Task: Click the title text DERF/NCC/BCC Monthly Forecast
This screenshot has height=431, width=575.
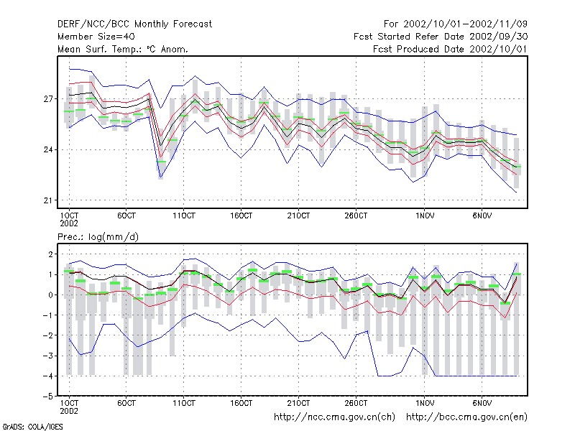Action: tap(134, 24)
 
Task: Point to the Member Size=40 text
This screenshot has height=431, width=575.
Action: tap(96, 37)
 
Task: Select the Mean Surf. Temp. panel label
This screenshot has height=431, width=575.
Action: tap(123, 49)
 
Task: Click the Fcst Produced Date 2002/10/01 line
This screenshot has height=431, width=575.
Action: tap(450, 49)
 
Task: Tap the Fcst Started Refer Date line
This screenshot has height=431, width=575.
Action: tap(441, 37)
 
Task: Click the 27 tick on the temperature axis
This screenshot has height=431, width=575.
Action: tap(48, 99)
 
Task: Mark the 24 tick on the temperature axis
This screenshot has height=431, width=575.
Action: tap(48, 149)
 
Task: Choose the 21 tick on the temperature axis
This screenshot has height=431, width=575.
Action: tap(48, 200)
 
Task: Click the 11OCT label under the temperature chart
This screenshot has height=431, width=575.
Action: tap(184, 215)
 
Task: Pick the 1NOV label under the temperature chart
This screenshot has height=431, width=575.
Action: tap(425, 215)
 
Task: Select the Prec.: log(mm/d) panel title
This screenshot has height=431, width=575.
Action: tap(98, 237)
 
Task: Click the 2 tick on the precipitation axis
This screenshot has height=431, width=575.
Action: tap(50, 254)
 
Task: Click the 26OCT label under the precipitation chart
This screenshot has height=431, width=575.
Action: tap(356, 403)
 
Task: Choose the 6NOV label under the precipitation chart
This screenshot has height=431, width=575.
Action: tap(482, 403)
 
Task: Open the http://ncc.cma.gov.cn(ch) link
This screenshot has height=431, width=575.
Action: tap(334, 417)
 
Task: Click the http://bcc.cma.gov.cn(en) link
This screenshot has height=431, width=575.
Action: tap(466, 417)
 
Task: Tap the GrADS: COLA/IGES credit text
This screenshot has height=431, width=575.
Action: tap(32, 427)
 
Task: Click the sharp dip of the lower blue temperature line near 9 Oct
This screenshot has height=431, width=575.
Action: tap(160, 177)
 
